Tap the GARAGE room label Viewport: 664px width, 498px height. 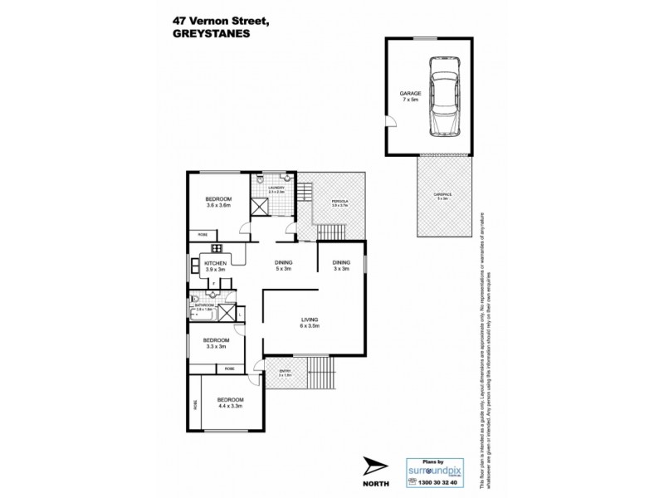[x=410, y=95]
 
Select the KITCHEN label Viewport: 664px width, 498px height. [x=216, y=263]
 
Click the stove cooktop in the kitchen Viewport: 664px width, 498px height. [x=217, y=247]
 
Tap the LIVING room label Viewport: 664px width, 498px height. [x=310, y=320]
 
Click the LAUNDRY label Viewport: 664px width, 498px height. [x=276, y=189]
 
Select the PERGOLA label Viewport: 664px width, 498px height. [x=339, y=201]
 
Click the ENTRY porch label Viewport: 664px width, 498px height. [x=286, y=373]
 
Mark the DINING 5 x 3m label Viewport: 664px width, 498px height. [x=284, y=266]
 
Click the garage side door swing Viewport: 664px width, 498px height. [x=391, y=122]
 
